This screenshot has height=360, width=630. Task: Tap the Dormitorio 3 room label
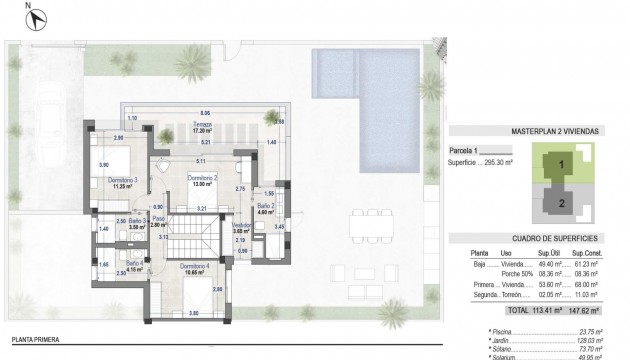121,182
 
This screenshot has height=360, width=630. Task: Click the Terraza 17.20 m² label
204,127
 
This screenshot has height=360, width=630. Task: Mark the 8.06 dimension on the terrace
205,112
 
